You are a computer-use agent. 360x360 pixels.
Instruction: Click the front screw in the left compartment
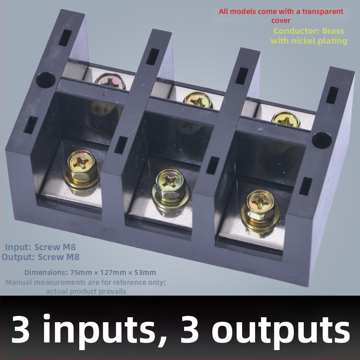tap(82, 169)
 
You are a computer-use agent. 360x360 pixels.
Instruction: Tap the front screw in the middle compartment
tap(171, 189)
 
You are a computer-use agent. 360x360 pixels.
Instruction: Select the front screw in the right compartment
tap(260, 209)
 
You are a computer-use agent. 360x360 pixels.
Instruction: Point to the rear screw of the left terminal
tap(110, 81)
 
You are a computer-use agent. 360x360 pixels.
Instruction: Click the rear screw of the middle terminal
tap(198, 99)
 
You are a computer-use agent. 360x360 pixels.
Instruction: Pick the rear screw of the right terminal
tap(286, 119)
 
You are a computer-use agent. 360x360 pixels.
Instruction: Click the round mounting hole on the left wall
tap(46, 80)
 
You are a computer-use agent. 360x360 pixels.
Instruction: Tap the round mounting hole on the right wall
tap(322, 140)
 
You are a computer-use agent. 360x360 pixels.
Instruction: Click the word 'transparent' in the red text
tap(323, 12)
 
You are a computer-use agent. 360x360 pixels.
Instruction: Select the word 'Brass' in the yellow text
tap(333, 31)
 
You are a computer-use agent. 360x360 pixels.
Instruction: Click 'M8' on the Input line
tap(69, 247)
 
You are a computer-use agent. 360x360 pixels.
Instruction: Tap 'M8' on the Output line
tap(73, 257)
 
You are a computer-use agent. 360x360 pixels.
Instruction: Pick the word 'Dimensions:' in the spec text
tap(46, 273)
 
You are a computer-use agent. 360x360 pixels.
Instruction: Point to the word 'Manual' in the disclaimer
tap(19, 282)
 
